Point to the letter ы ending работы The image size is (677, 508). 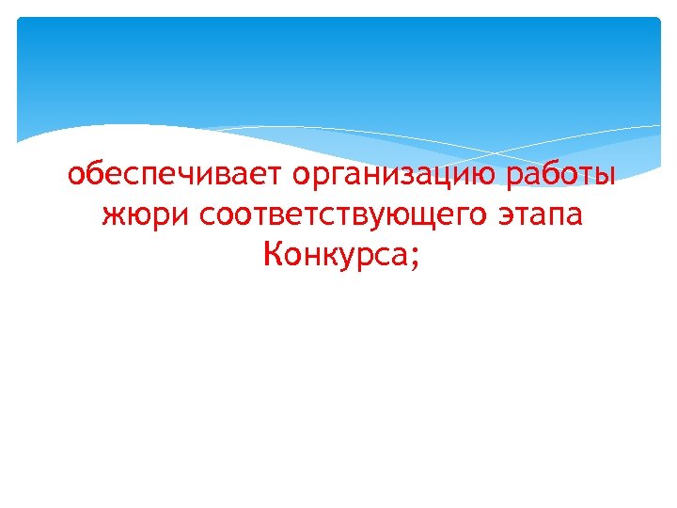pos(606,177)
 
